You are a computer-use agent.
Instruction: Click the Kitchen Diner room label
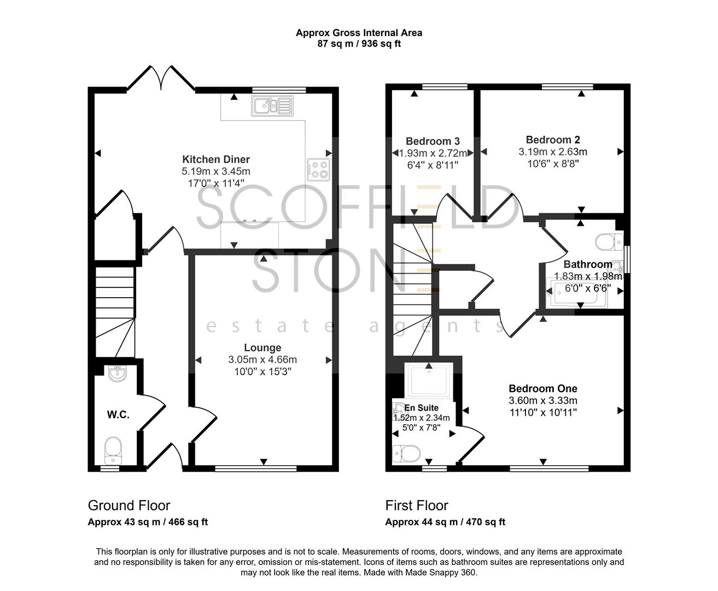(216, 159)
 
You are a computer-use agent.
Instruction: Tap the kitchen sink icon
(272, 105)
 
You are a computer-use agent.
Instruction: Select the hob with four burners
(318, 169)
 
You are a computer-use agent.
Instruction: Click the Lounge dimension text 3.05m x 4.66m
(262, 360)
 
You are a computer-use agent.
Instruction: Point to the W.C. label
(118, 415)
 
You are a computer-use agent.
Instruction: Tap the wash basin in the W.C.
(117, 374)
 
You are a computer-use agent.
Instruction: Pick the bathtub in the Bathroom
(577, 293)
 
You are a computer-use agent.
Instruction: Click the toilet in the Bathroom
(609, 240)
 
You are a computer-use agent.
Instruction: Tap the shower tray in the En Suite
(429, 380)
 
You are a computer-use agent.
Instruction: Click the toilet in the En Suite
(406, 453)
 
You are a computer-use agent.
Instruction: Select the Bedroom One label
(543, 389)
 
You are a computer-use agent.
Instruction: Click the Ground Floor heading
(129, 506)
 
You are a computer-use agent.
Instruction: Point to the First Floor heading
(417, 506)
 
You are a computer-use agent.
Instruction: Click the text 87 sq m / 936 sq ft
(359, 44)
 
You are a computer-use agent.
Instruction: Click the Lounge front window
(256, 468)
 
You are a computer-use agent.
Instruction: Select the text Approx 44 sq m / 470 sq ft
(445, 522)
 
